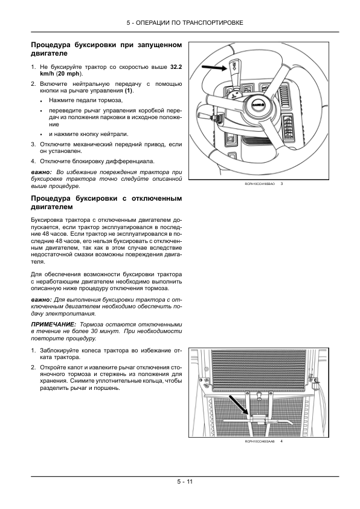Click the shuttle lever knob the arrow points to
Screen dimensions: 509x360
click(234, 67)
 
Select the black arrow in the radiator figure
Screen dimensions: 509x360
click(239, 408)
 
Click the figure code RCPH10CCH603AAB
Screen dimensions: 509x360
click(259, 442)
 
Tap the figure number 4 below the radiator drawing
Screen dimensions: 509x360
click(281, 442)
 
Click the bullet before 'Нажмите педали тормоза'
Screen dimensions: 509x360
click(41, 100)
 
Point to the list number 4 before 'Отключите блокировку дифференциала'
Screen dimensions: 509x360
click(33, 161)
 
